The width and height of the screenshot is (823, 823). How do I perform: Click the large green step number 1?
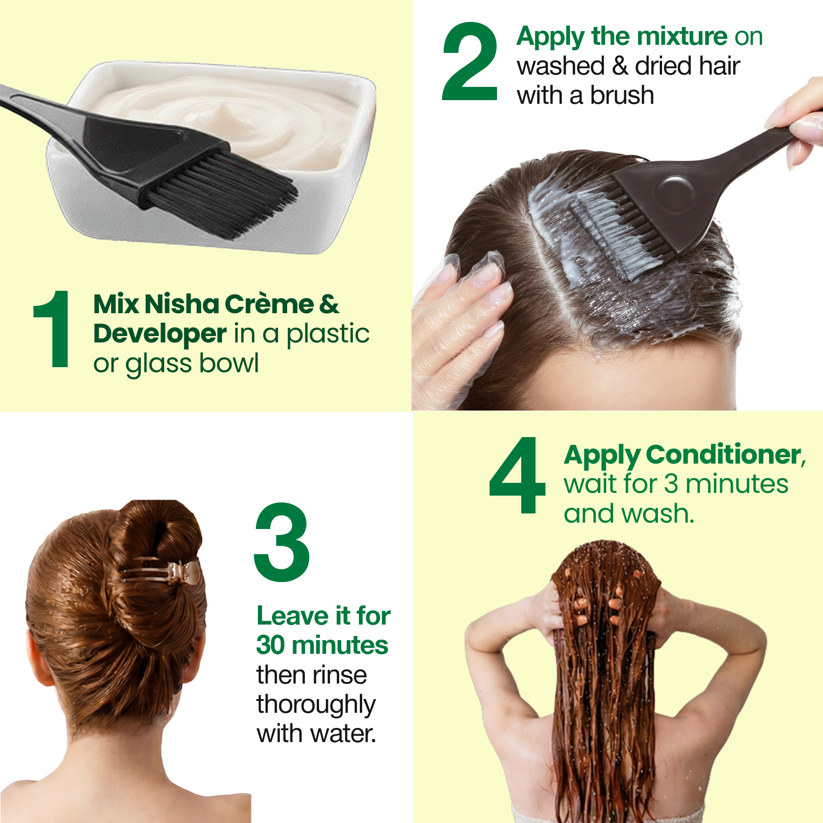click(53, 329)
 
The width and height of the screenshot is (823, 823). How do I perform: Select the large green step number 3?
click(282, 542)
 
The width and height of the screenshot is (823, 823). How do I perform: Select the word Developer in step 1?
click(160, 334)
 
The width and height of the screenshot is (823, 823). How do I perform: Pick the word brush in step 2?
click(622, 95)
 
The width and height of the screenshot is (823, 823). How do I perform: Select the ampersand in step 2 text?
click(620, 66)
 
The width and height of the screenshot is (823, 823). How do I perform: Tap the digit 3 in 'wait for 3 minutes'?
click(671, 484)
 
